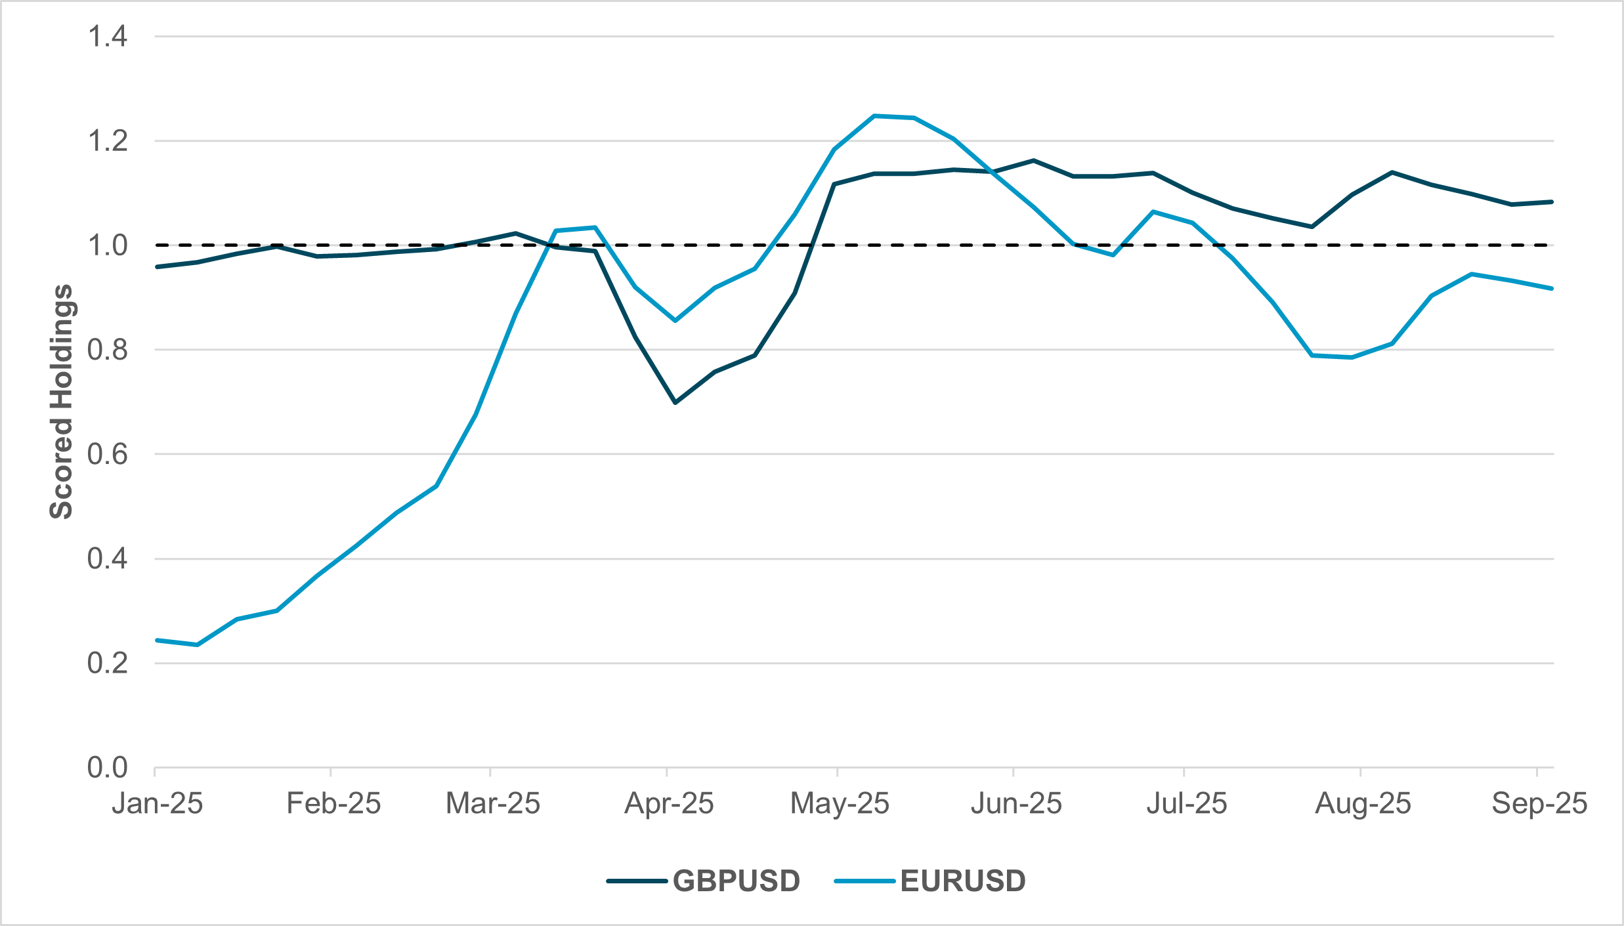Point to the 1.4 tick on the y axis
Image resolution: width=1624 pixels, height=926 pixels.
click(108, 37)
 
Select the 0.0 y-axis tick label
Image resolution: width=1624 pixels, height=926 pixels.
click(108, 767)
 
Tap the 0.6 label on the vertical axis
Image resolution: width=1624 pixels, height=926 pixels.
click(108, 454)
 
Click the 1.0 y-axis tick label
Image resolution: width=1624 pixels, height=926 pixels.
click(108, 245)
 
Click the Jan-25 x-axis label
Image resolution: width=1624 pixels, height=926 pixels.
click(158, 803)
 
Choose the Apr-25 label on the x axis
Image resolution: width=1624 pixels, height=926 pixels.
click(669, 803)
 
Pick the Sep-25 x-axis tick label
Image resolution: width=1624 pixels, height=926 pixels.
click(1539, 803)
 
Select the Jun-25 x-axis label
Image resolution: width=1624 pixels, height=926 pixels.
click(1016, 803)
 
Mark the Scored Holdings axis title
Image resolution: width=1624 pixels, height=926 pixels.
click(62, 402)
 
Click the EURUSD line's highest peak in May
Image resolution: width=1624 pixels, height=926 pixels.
click(874, 116)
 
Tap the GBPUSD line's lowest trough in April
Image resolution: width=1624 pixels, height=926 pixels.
click(675, 402)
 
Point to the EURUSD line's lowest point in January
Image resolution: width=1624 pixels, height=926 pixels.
click(197, 644)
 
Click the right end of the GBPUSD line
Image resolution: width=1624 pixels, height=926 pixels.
click(1552, 202)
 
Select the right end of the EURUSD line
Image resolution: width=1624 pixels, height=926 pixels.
click(1552, 289)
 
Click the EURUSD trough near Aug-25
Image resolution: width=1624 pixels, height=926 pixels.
click(1352, 358)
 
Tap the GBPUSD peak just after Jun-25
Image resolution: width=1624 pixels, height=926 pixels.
click(1033, 160)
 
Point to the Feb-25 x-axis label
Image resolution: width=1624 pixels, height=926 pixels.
click(333, 803)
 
